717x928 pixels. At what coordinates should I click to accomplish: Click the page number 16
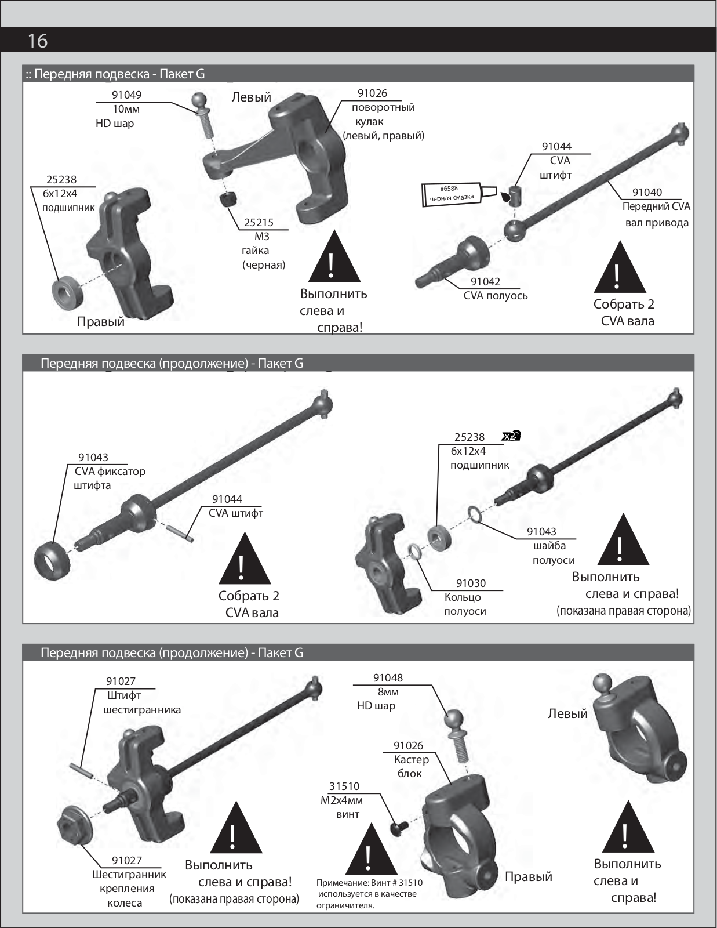point(38,41)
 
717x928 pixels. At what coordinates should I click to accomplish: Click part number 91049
point(126,95)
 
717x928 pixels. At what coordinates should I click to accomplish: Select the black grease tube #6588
point(458,194)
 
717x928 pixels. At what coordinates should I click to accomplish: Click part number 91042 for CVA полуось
point(485,281)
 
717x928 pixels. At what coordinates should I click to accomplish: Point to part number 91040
point(647,192)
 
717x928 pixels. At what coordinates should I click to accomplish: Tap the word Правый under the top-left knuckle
point(101,321)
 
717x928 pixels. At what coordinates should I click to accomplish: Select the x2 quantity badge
point(511,436)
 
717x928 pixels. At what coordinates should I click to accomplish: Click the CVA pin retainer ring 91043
point(53,560)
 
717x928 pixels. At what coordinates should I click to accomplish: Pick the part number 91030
point(471,583)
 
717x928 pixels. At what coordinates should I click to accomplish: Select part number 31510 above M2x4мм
point(344,786)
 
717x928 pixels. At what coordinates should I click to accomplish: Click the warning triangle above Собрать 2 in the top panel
point(620,269)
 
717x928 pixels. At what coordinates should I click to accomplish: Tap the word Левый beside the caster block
point(567,713)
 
